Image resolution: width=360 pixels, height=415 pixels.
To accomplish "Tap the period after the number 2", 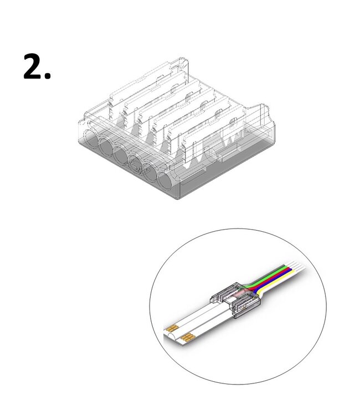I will click(48, 77).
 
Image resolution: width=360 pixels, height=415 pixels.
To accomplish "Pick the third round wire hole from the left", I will click(120, 155).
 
